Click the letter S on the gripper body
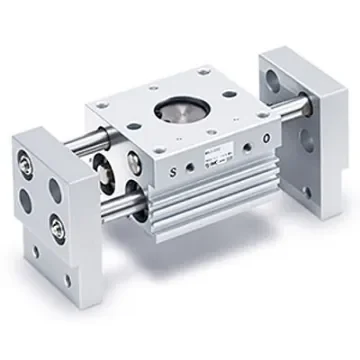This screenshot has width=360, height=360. click(175, 169)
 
